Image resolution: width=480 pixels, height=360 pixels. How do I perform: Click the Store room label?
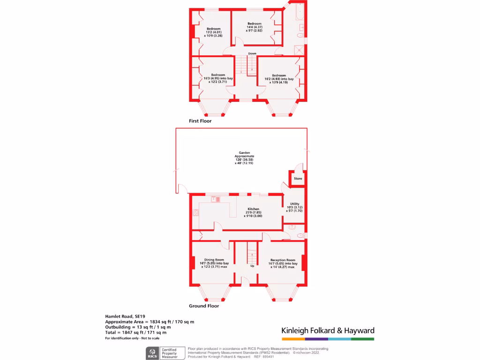[298, 179]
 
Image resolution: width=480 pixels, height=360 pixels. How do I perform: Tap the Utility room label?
[294, 203]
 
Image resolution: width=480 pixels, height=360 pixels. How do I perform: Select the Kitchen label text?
[254, 209]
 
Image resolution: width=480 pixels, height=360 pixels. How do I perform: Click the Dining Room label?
[214, 260]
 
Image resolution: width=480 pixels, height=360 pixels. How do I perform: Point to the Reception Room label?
[283, 260]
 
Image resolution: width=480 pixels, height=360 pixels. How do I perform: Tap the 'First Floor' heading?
[200, 121]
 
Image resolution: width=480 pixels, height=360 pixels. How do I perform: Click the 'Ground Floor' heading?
[204, 306]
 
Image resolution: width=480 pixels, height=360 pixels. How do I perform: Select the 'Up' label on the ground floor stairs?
[252, 266]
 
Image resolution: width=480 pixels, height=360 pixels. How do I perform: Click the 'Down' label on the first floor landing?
[252, 53]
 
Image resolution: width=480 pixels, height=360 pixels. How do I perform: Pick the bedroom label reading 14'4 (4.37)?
[254, 24]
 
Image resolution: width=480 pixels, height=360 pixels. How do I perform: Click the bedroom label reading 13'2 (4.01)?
[214, 29]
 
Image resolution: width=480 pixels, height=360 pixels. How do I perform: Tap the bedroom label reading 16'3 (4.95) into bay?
[218, 75]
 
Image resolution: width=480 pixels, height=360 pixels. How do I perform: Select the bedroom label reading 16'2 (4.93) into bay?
[279, 75]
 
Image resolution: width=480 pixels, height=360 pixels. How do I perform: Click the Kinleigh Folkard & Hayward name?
[328, 330]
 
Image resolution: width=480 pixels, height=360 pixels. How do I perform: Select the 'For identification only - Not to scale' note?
[132, 338]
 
